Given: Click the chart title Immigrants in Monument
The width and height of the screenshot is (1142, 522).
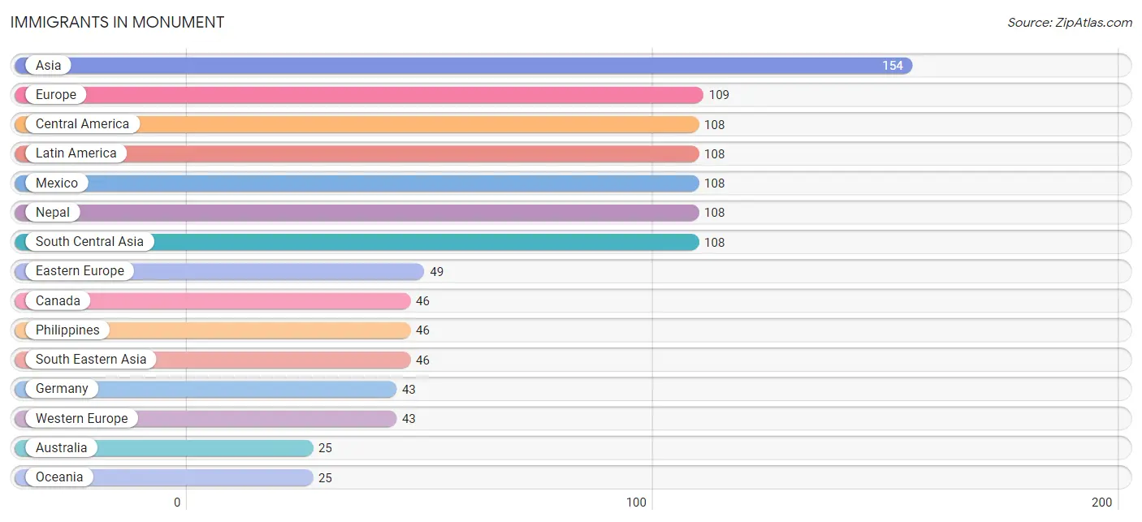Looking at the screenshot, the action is [117, 23].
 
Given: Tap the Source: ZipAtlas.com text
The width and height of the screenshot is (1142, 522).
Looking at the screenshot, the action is [1070, 23].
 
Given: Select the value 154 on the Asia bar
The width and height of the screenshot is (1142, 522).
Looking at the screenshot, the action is [892, 66].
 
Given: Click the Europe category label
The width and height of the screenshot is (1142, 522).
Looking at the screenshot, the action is [55, 95].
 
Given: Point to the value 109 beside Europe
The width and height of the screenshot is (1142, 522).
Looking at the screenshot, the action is [719, 95].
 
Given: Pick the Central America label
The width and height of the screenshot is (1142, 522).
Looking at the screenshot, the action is [82, 124].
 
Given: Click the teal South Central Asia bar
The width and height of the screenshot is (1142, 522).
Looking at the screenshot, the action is [357, 242].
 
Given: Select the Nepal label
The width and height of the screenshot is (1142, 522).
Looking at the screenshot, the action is [53, 212].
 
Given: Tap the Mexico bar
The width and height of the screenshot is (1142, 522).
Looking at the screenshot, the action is [357, 183].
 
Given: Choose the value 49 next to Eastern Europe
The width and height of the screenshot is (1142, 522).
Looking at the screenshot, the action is [436, 272].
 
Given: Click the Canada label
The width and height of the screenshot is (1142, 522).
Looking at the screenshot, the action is [58, 300].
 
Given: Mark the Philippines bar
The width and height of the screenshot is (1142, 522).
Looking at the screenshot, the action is [213, 330].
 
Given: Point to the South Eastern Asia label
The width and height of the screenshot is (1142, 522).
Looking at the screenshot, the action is [91, 360].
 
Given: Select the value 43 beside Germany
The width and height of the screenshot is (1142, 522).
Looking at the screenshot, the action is [409, 390].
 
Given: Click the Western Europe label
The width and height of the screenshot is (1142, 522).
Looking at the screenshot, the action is [81, 419].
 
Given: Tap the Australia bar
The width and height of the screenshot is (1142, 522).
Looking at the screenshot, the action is [163, 448].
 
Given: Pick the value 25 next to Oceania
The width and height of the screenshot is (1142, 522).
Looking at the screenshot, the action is [325, 477].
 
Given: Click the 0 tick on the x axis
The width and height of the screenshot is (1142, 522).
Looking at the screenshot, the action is [177, 503].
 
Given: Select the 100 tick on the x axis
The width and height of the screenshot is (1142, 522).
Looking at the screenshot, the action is [636, 503].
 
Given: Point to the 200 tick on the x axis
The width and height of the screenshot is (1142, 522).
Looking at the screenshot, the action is [1101, 503].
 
